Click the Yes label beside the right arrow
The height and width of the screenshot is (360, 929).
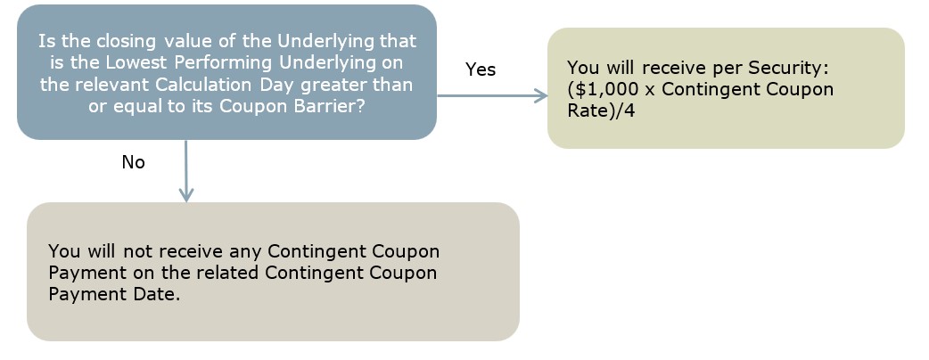point(481,70)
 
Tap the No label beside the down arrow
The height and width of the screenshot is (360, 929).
point(134,161)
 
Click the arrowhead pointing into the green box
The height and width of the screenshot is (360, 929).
point(541,95)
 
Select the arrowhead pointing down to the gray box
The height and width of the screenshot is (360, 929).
point(186,194)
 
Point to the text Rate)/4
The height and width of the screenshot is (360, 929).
point(601,111)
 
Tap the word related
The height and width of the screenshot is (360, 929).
point(227,273)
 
